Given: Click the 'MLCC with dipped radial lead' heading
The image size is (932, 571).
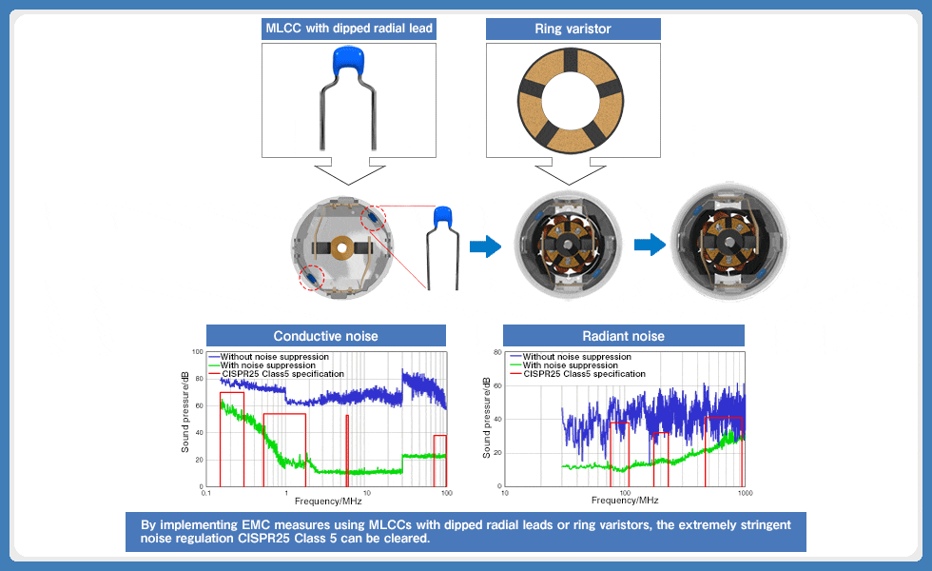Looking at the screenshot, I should [348, 29].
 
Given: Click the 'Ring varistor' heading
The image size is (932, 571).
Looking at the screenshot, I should [573, 29].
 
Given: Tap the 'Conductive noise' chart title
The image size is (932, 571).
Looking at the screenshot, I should [325, 336].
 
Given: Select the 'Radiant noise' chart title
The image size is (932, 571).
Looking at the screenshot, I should [623, 336].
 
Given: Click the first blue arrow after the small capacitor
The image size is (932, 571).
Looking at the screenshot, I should [485, 247].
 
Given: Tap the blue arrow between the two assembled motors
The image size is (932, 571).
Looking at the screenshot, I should [649, 246].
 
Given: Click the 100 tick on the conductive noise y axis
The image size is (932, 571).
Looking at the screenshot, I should [197, 352].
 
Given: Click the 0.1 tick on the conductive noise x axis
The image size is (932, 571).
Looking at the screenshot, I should [206, 493].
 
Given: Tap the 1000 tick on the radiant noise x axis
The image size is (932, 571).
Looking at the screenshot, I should [745, 493].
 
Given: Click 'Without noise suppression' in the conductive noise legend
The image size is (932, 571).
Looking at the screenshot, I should [274, 357].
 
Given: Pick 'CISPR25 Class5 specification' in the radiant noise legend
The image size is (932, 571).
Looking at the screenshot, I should [584, 374].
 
